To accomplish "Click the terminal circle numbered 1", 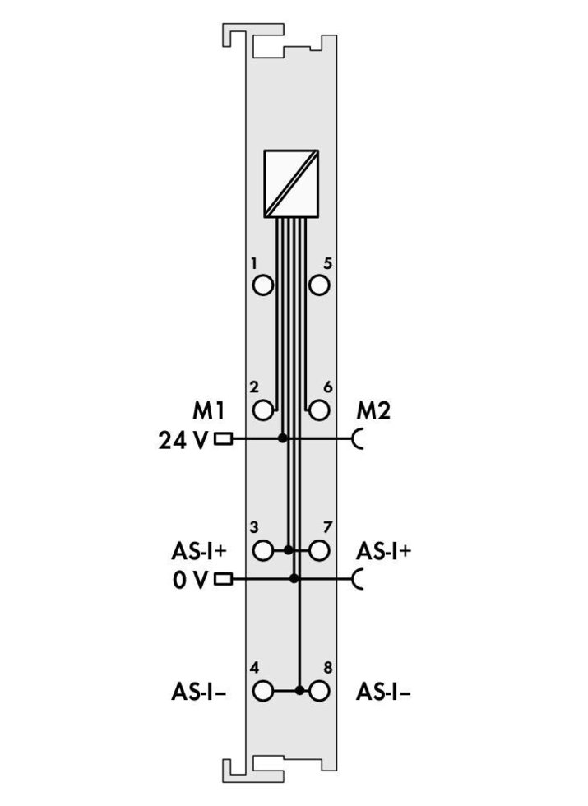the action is (263, 285).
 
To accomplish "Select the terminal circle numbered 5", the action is (319, 285).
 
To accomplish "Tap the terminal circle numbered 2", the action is (263, 410).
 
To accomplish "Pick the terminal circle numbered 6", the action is (319, 410).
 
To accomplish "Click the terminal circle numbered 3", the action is (263, 550).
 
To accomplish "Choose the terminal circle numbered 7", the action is (319, 550).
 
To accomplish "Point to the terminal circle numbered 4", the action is (263, 690).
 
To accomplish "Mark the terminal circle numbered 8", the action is (319, 690).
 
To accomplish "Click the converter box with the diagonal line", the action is (291, 183).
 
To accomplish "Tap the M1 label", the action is (208, 410).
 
